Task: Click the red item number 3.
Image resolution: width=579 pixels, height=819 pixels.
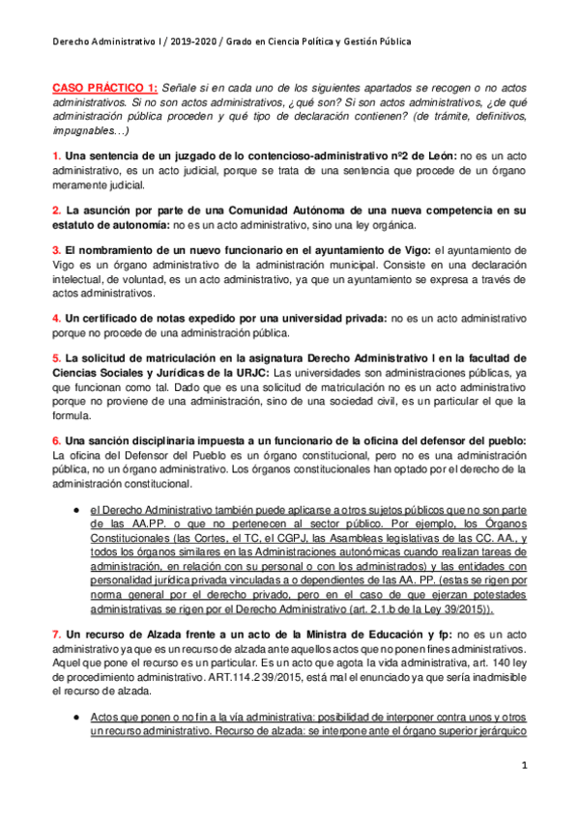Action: [56, 250]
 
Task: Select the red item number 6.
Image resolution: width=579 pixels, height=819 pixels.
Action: [56, 439]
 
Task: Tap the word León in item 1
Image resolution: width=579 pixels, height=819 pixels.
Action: [434, 155]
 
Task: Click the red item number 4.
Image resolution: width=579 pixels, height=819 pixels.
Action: [56, 317]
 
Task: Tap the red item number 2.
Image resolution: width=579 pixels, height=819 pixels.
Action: [56, 209]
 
